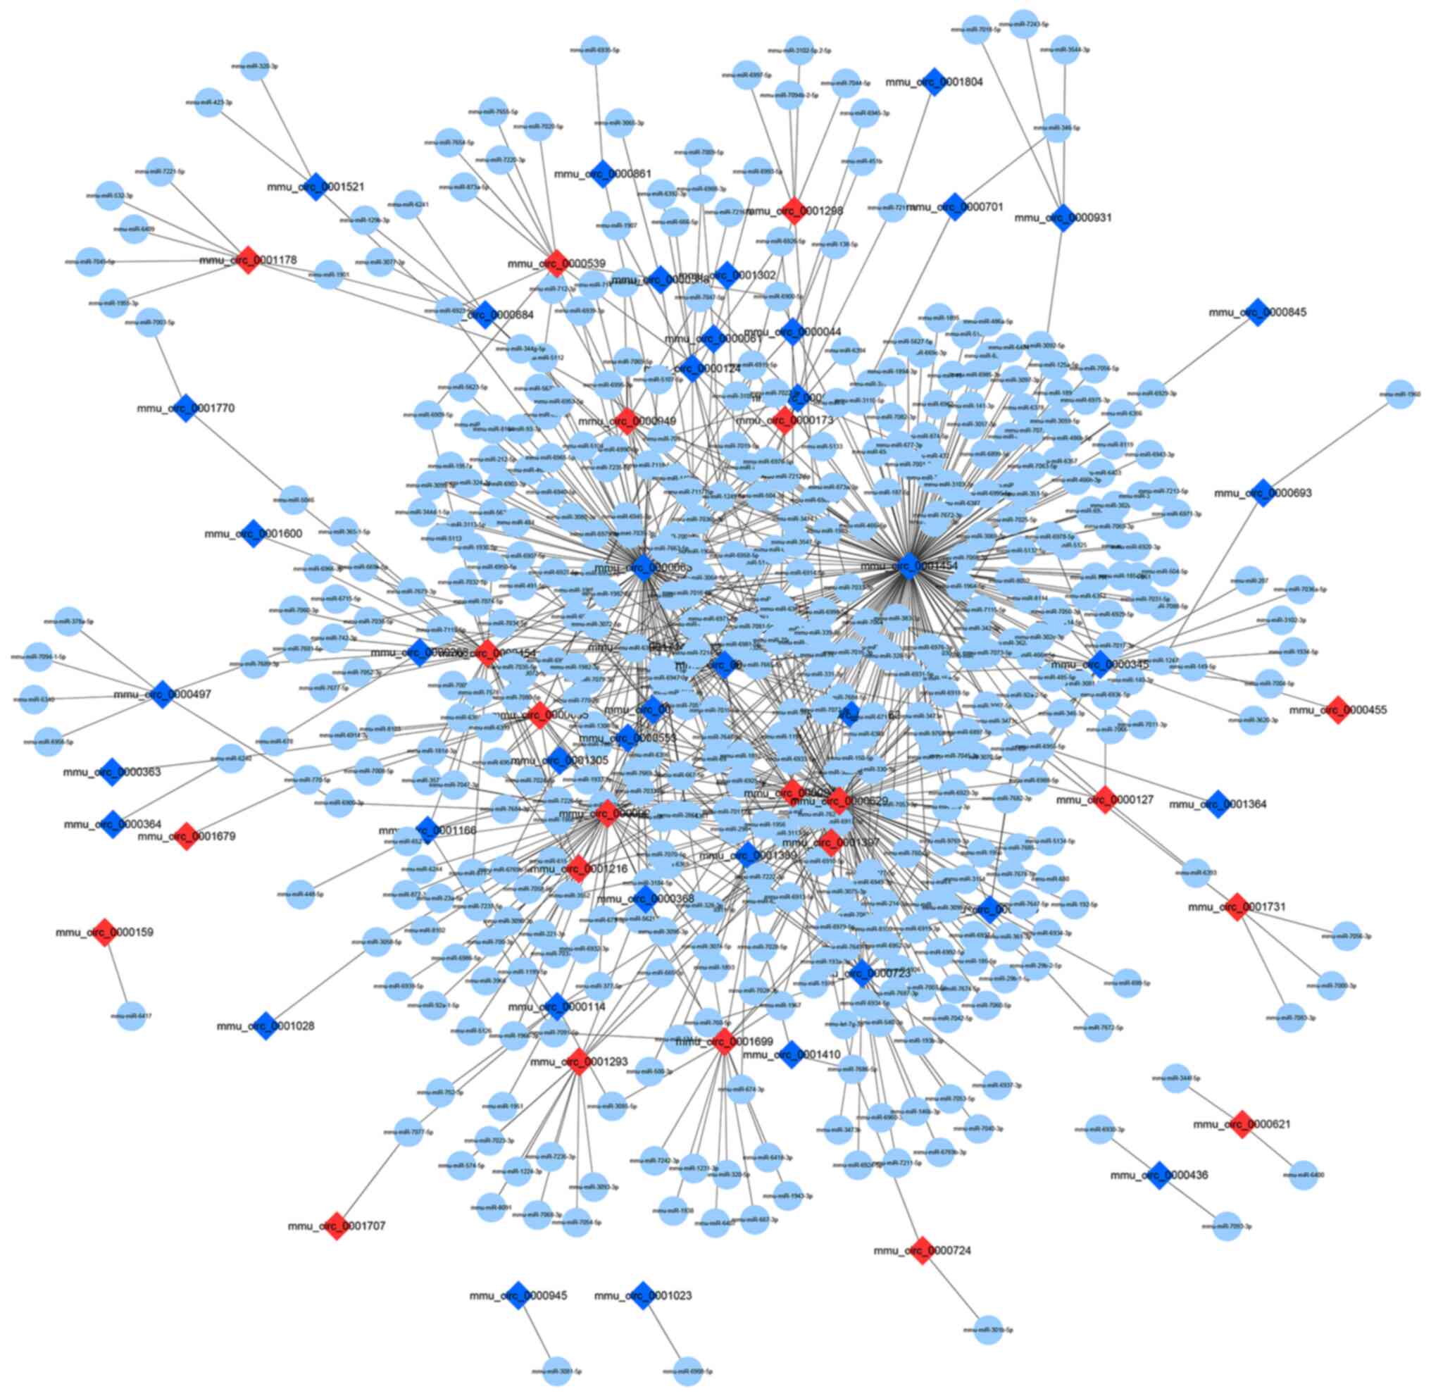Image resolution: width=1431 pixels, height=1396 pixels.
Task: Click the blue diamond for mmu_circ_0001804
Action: tap(933, 82)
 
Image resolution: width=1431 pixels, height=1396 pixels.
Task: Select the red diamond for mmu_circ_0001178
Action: tap(249, 261)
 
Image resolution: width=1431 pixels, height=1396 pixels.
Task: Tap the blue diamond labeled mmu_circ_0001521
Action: tap(316, 186)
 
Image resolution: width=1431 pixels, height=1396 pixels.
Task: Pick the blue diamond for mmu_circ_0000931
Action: tap(1063, 217)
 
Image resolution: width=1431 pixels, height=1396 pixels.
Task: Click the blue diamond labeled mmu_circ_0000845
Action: tap(1258, 312)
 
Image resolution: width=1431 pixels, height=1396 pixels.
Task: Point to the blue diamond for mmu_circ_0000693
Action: tap(1263, 493)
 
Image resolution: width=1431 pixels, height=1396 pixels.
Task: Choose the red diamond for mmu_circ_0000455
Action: tap(1338, 710)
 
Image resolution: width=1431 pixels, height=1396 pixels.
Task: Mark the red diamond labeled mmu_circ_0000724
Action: tap(923, 1250)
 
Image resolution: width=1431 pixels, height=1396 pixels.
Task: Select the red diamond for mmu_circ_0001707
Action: tap(336, 1225)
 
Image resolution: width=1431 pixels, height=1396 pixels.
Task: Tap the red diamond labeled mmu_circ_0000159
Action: tap(105, 932)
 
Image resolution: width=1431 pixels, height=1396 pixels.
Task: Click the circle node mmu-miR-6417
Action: tap(131, 1016)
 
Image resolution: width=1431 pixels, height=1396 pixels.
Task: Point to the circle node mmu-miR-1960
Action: tap(1400, 394)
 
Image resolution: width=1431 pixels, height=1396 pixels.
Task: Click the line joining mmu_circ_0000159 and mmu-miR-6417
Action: tap(118, 973)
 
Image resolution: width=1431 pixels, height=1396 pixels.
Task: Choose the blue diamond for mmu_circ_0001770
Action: tap(185, 408)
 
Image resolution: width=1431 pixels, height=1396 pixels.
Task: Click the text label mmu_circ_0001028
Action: tap(265, 1026)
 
